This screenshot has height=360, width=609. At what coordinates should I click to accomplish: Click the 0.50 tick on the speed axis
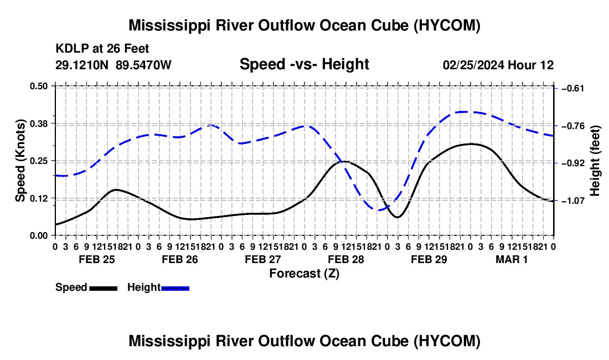[x=38, y=86]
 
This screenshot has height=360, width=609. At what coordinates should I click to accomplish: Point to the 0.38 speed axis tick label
[x=38, y=124]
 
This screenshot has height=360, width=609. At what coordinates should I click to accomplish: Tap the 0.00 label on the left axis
[x=38, y=235]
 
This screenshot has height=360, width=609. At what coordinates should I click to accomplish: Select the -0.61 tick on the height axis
[x=573, y=89]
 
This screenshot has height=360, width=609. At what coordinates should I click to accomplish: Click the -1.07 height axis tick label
[x=573, y=201]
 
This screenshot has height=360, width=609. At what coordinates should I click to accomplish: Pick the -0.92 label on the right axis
[x=573, y=163]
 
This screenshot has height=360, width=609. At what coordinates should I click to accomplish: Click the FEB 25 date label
[x=97, y=259]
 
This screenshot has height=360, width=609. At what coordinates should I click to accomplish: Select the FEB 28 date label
[x=346, y=259]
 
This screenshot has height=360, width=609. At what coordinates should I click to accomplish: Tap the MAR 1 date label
[x=512, y=259]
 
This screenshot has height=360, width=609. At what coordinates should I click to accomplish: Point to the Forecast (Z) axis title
[x=304, y=274]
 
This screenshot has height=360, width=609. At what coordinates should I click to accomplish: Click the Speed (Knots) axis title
[x=20, y=161]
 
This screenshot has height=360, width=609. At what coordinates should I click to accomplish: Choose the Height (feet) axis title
[x=595, y=161]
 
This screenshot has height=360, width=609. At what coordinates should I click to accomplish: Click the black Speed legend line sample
[x=104, y=289]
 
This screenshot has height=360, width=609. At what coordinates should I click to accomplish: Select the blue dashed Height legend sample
[x=175, y=289]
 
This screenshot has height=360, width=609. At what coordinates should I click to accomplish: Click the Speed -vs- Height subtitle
[x=304, y=64]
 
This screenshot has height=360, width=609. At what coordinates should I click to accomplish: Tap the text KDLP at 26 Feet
[x=102, y=49]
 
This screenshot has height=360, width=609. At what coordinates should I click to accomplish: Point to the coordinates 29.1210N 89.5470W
[x=113, y=65]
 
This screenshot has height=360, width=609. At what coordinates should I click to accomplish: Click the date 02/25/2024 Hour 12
[x=498, y=65]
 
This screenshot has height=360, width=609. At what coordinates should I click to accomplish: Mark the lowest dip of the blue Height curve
[x=379, y=210]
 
